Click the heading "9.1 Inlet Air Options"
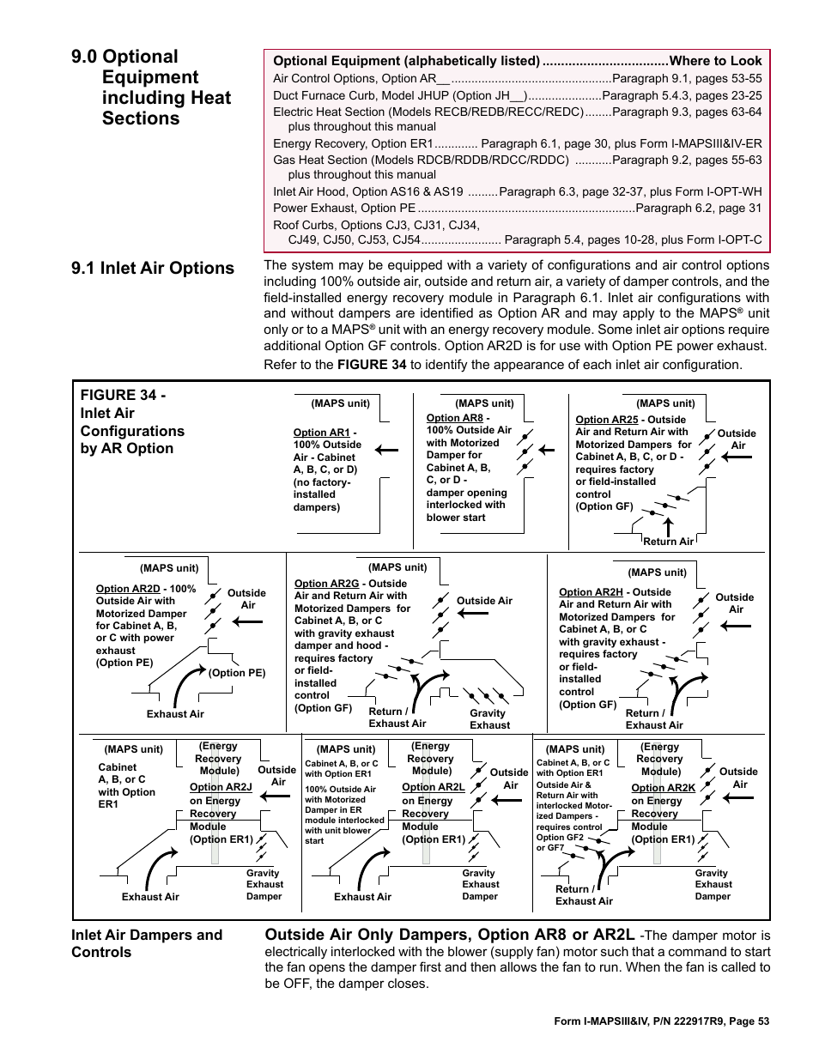153,268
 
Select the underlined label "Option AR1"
321,433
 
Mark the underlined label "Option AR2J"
221,787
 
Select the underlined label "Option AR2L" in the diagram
433,787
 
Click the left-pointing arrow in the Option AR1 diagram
385,449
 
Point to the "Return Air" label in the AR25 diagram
668,542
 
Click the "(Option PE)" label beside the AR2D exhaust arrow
237,673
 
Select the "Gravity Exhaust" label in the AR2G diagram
488,719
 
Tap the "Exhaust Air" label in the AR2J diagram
150,897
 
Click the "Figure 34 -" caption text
123,395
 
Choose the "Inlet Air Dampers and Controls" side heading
146,943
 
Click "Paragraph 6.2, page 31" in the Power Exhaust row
698,208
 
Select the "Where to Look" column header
715,60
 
